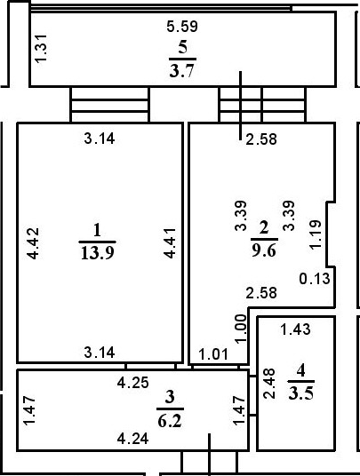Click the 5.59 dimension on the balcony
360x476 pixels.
pos(182,26)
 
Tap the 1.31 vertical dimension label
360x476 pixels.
pos(41,49)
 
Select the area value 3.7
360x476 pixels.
pos(181,71)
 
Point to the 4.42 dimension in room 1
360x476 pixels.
pos(33,243)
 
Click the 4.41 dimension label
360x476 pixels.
pos(169,243)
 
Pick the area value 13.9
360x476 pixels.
pos(98,252)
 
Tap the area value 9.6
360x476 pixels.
pos(264,250)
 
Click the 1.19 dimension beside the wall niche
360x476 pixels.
pos(315,235)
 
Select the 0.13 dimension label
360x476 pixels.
pos(315,279)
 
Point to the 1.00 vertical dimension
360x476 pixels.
pos(241,329)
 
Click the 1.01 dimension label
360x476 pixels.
pos(213,354)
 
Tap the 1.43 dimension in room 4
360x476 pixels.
pos(296,329)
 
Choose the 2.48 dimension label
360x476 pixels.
pos(269,384)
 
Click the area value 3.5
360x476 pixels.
pos(301,393)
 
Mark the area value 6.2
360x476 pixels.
pos(170,421)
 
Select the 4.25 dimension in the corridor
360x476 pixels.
pos(133,383)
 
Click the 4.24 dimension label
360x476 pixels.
pos(133,439)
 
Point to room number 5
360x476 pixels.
pos(182,48)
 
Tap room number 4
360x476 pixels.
pos(300,371)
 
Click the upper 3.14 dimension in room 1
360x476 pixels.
pos(100,139)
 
